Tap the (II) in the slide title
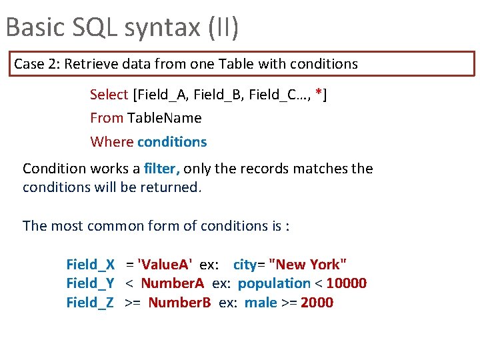point(224,27)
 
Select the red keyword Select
point(109,95)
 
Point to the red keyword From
point(107,118)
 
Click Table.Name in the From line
point(165,118)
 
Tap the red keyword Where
point(111,141)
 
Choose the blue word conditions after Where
point(172,141)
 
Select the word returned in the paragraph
point(169,187)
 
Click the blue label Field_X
point(91,265)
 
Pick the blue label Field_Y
point(91,283)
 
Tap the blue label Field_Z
point(91,303)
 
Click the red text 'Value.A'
point(164,265)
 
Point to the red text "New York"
point(307,265)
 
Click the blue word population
point(274,283)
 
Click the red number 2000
point(317,303)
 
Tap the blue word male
point(261,303)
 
